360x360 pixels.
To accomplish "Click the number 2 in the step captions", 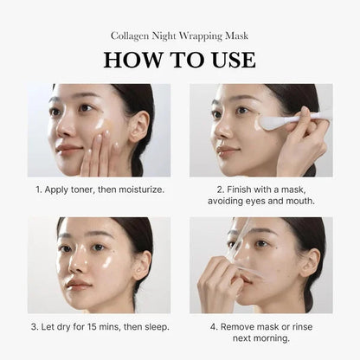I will [221, 188].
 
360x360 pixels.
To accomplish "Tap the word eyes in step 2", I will [260, 201].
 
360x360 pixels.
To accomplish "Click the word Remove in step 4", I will [240, 327].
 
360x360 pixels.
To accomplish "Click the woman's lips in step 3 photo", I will [77, 284].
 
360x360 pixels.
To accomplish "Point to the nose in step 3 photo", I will [78, 263].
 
